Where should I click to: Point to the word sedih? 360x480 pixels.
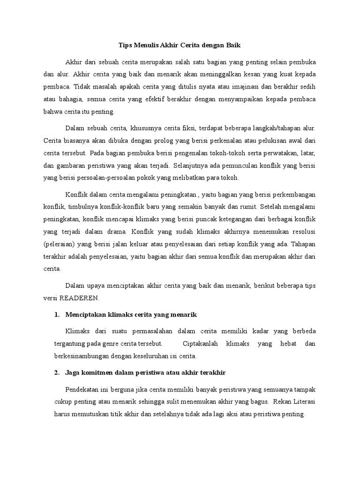point(307,87)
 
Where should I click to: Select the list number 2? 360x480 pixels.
point(57,372)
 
